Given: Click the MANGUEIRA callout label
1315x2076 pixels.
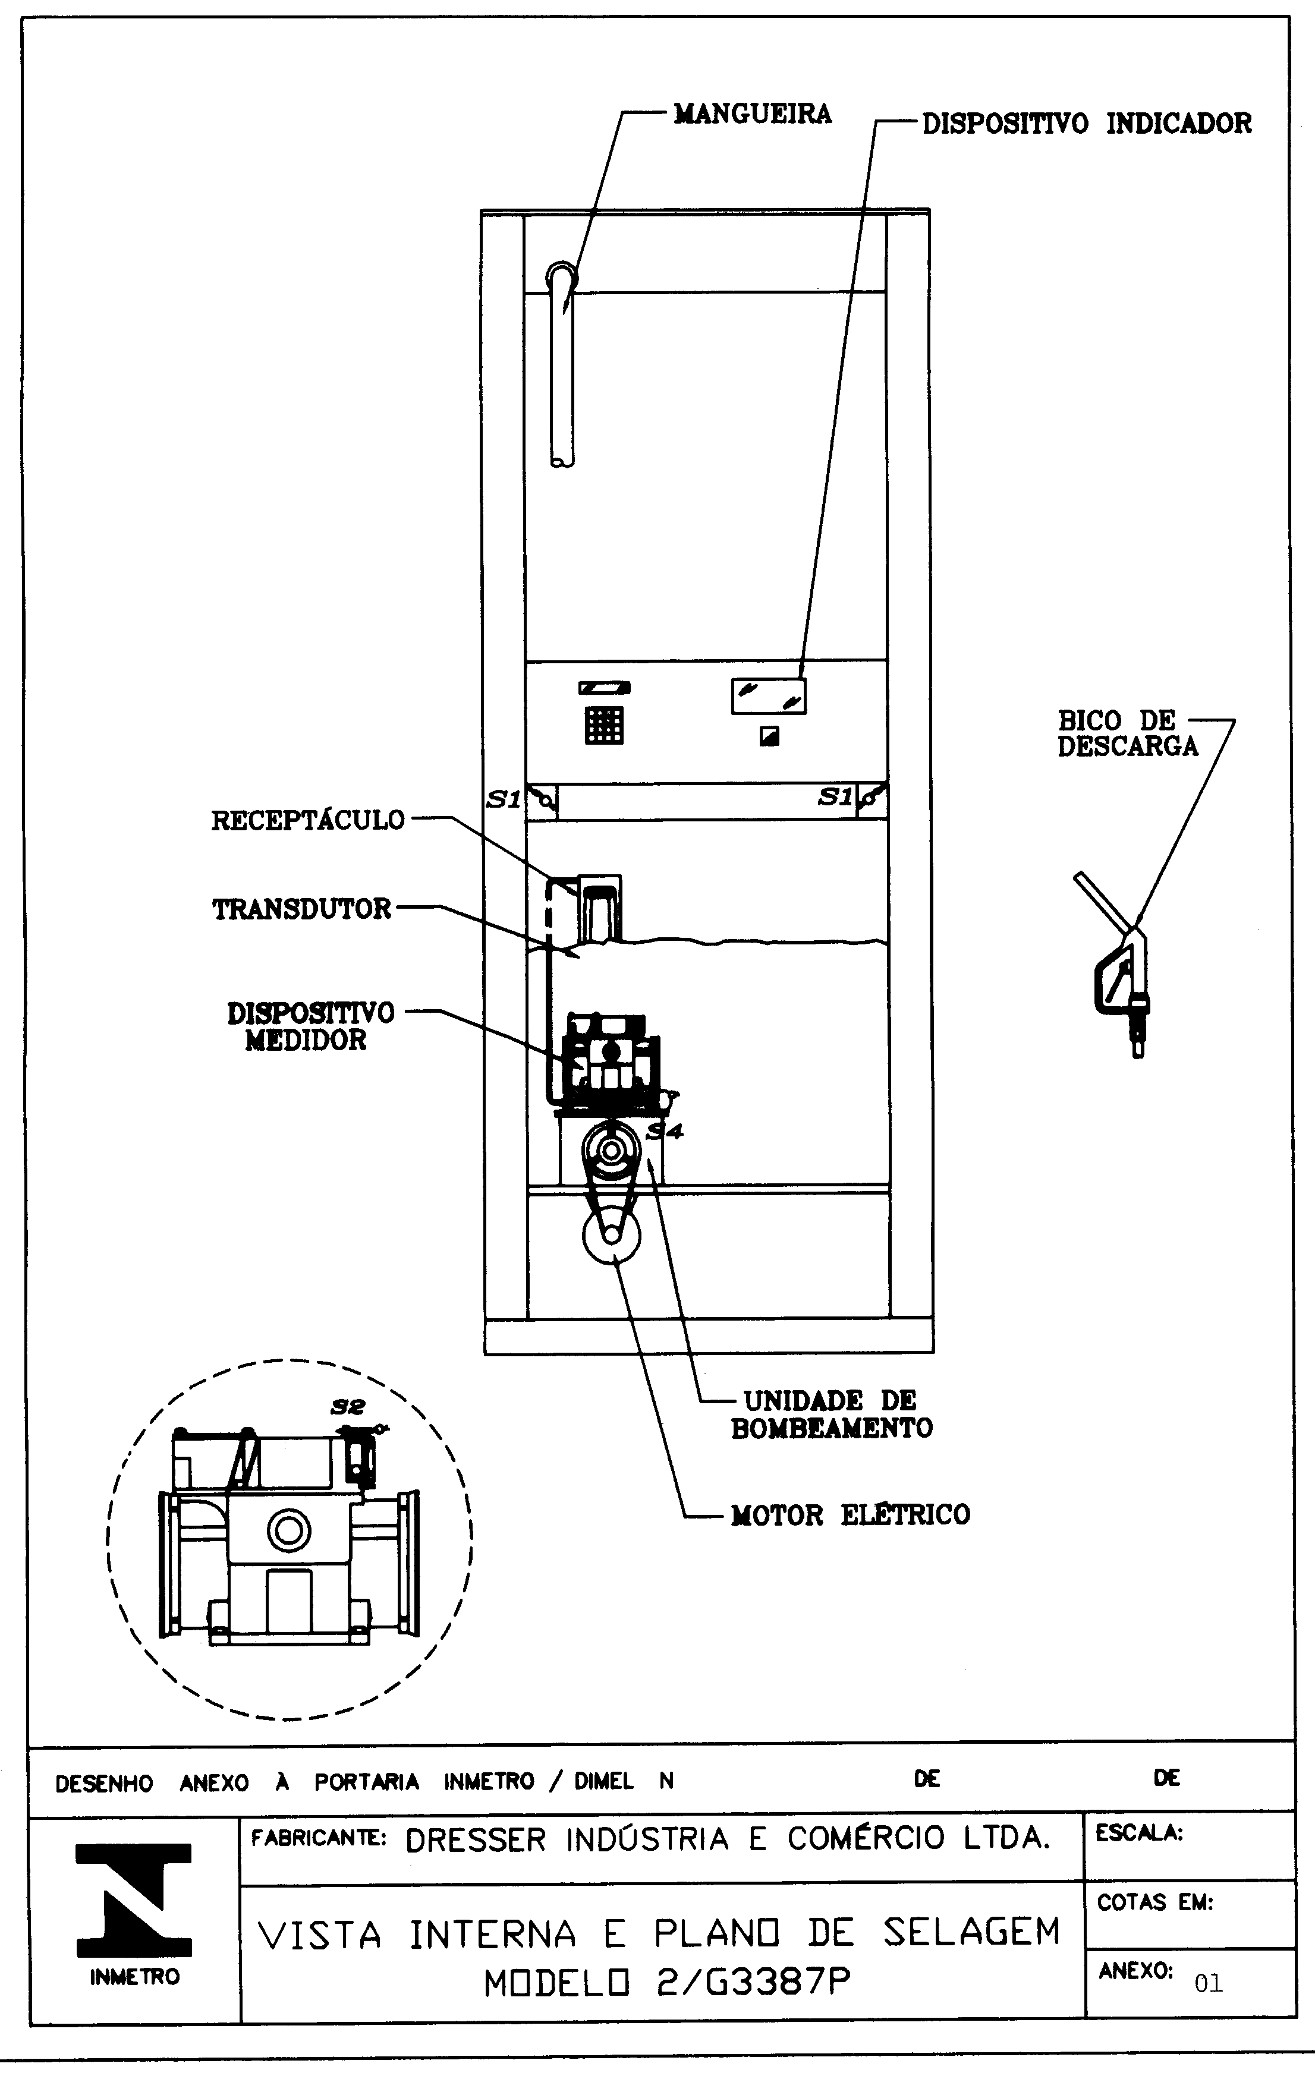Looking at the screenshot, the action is pyautogui.click(x=752, y=114).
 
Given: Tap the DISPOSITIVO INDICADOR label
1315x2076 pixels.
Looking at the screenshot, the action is pyautogui.click(x=1087, y=123).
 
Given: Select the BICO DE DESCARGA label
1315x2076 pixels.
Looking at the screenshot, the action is pyautogui.click(x=1128, y=733).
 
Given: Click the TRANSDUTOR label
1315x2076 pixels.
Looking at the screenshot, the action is pyautogui.click(x=302, y=909).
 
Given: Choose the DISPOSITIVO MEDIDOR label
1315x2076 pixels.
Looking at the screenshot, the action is pyautogui.click(x=310, y=1026).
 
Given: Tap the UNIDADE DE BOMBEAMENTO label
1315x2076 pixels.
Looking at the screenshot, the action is pyautogui.click(x=831, y=1414).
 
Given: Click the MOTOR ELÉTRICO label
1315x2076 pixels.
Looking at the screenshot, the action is pyautogui.click(x=850, y=1515).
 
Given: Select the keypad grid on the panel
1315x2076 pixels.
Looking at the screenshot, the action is pyautogui.click(x=603, y=725).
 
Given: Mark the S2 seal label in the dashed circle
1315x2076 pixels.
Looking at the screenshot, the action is pyautogui.click(x=348, y=1407).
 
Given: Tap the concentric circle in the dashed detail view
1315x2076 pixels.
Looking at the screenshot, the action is pyautogui.click(x=289, y=1530).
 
